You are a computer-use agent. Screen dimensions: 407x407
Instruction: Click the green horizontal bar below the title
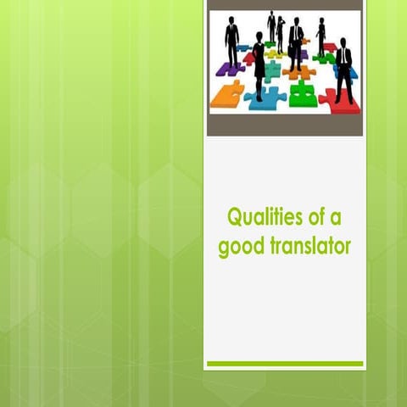285,364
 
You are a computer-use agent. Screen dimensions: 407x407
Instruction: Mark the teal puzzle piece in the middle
271,70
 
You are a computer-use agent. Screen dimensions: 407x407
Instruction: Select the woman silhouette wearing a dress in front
259,64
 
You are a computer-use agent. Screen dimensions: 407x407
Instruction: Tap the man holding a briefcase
296,44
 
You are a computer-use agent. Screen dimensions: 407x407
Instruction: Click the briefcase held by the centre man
291,53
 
